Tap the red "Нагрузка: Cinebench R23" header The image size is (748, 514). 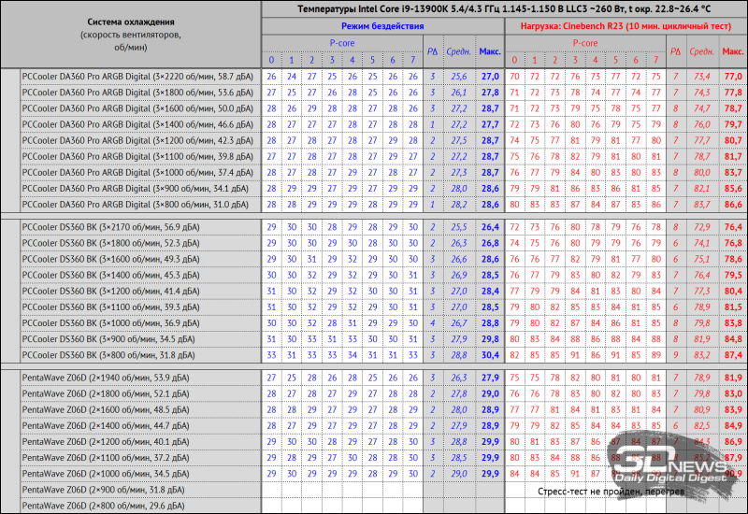625,27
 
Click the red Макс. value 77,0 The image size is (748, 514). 733,76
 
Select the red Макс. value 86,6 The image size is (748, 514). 733,204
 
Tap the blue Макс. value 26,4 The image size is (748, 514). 489,226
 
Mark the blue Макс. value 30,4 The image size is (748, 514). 489,354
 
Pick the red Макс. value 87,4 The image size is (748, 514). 733,354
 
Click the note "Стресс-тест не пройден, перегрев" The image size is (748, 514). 604,490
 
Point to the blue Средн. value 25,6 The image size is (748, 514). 458,76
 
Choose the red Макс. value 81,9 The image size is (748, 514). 733,377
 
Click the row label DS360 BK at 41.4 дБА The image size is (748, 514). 115,291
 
